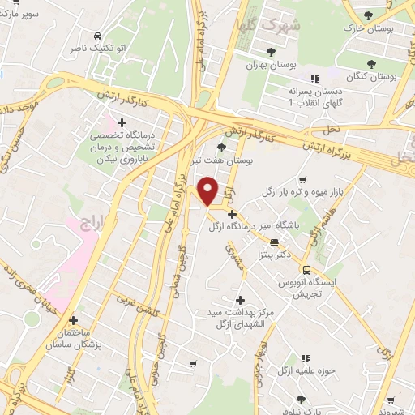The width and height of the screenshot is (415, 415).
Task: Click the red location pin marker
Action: (x=208, y=191)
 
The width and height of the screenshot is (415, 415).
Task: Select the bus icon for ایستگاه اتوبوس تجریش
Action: (x=306, y=270)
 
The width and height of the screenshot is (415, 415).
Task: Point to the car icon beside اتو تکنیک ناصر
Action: (x=98, y=36)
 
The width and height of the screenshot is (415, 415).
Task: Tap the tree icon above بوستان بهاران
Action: (x=271, y=51)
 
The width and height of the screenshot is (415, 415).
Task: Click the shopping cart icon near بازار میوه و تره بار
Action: (x=302, y=179)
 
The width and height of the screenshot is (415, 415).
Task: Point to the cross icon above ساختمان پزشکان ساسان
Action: (x=74, y=320)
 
